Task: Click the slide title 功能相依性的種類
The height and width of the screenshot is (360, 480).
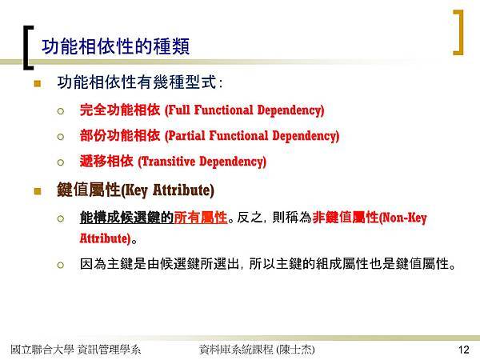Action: click(x=116, y=46)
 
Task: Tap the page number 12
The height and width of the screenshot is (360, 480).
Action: click(x=464, y=350)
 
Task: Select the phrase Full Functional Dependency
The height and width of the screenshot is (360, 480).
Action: click(x=244, y=110)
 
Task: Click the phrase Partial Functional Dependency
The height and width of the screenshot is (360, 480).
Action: click(x=252, y=136)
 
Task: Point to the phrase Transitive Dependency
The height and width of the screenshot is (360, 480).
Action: click(x=202, y=162)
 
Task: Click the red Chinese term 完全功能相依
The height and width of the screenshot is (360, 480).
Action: click(x=120, y=110)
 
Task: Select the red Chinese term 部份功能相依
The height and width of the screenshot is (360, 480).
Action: click(x=120, y=135)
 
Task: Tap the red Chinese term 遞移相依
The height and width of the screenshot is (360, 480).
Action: click(x=106, y=161)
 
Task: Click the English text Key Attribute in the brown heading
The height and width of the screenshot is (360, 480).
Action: click(x=167, y=190)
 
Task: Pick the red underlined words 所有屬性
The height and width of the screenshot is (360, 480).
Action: click(x=201, y=218)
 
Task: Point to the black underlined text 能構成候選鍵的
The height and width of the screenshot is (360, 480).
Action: click(x=126, y=218)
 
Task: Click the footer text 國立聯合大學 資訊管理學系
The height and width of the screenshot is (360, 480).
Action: click(x=76, y=350)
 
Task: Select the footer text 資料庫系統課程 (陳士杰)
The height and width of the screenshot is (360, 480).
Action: click(x=257, y=350)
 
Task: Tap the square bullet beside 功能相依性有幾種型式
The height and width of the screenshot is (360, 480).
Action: click(x=38, y=83)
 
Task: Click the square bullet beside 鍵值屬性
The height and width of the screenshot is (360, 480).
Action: click(x=38, y=191)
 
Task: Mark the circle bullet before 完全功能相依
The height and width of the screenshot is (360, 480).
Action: click(x=61, y=111)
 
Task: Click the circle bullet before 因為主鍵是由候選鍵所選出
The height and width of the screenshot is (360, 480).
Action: click(x=61, y=265)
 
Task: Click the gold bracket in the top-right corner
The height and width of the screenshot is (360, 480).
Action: click(x=461, y=33)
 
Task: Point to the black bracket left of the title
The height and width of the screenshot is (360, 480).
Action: click(x=26, y=47)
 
